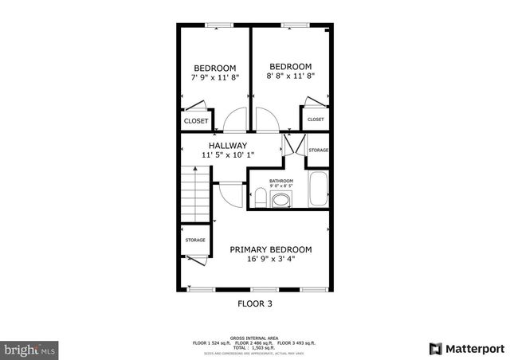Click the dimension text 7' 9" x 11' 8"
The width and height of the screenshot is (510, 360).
click(x=214, y=79)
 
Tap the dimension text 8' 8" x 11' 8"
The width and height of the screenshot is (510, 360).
click(x=290, y=77)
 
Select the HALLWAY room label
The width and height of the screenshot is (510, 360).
click(x=228, y=145)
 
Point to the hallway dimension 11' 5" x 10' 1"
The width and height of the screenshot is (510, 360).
click(x=228, y=155)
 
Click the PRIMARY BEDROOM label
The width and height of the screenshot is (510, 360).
click(x=271, y=249)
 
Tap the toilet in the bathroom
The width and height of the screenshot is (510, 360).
click(x=260, y=197)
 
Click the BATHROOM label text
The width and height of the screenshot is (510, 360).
click(x=280, y=181)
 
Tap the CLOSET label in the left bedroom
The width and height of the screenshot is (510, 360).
click(x=196, y=121)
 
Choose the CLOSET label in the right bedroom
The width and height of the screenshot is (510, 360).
click(x=316, y=119)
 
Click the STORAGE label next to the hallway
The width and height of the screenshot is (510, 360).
click(x=318, y=150)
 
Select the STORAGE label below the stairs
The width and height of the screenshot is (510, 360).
click(x=195, y=240)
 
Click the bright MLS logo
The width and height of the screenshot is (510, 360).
click(x=29, y=349)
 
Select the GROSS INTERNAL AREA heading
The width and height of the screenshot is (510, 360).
click(x=253, y=338)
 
